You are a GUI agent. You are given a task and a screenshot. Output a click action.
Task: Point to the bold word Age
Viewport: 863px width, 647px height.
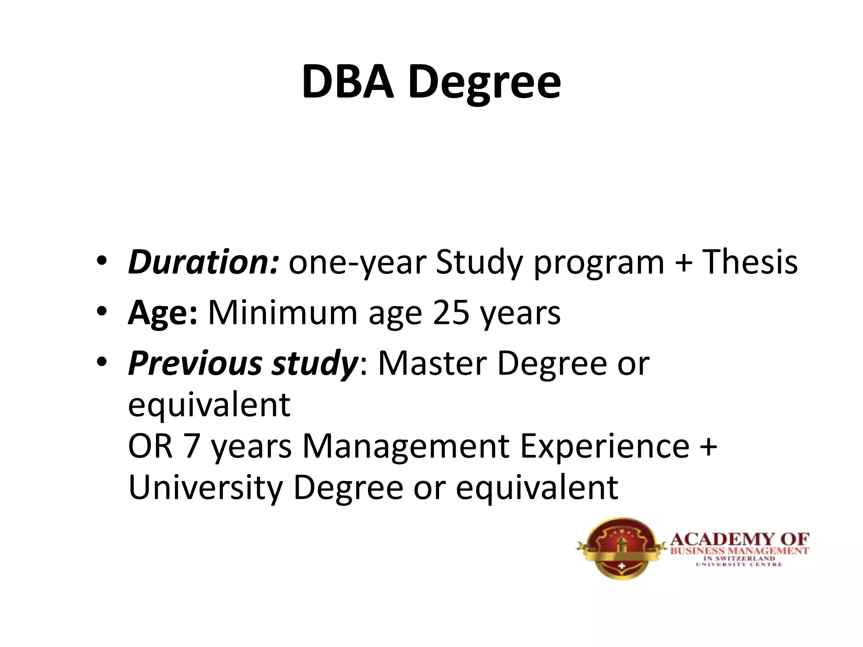pyautogui.click(x=162, y=314)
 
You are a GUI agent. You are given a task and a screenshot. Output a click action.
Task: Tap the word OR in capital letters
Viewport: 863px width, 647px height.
pyautogui.click(x=150, y=446)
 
